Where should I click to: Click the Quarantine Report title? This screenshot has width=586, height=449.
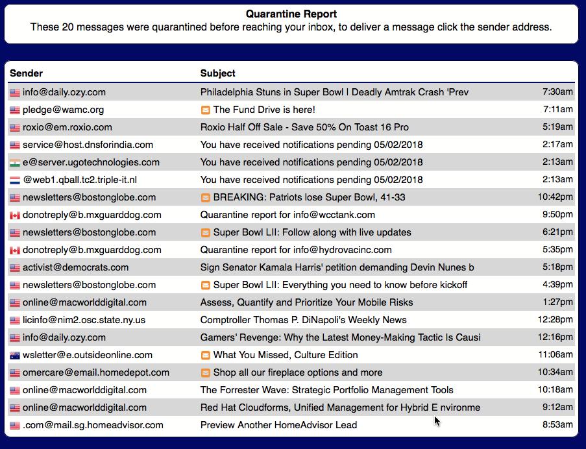click(x=291, y=14)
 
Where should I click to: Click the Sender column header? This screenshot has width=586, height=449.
click(x=26, y=73)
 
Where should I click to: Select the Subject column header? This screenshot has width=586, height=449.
click(x=217, y=73)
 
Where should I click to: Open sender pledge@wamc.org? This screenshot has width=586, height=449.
click(x=63, y=110)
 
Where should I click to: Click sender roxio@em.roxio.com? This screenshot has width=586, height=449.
click(x=67, y=127)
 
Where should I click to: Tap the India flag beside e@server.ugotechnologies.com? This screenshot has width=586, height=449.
click(x=14, y=162)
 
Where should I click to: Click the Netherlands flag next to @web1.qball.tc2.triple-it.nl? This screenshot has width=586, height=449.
click(x=14, y=180)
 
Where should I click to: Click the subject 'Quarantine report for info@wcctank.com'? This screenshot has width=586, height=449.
click(x=287, y=215)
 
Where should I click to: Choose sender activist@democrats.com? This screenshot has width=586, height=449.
click(x=75, y=267)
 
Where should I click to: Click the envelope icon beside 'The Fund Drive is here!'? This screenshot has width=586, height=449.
click(x=205, y=110)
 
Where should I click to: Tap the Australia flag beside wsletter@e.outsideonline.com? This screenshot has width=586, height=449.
click(x=14, y=355)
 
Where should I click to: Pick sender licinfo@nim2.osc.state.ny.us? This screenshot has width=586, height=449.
click(x=84, y=320)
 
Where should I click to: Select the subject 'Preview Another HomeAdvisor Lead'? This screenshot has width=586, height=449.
click(x=278, y=425)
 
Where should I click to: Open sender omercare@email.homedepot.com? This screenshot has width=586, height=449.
click(x=95, y=372)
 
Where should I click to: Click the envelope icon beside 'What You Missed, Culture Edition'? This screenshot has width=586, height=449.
click(x=205, y=355)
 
